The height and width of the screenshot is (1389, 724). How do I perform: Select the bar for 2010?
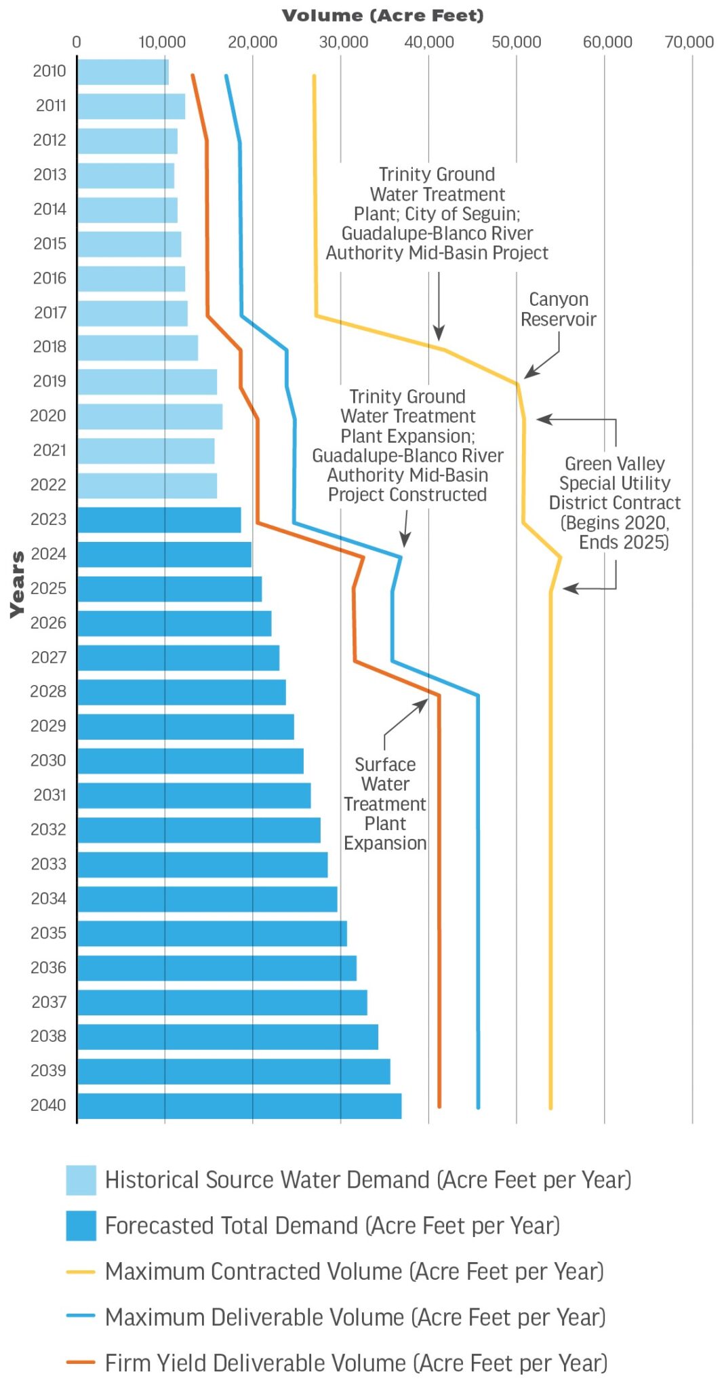pyautogui.click(x=123, y=72)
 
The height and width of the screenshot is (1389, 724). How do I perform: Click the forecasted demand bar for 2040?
pyautogui.click(x=239, y=1106)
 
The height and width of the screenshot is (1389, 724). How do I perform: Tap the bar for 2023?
pyautogui.click(x=159, y=520)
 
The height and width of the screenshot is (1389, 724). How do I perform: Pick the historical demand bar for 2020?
pyautogui.click(x=150, y=416)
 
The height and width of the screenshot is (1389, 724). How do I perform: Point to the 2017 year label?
pyautogui.click(x=50, y=313)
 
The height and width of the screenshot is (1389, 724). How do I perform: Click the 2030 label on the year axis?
pyautogui.click(x=48, y=760)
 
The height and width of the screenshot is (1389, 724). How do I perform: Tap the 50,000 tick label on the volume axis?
pyautogui.click(x=517, y=42)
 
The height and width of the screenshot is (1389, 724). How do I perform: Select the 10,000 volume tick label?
pyautogui.click(x=162, y=42)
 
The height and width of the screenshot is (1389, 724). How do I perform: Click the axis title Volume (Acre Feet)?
pyautogui.click(x=383, y=16)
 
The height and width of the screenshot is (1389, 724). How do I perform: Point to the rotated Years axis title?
pyautogui.click(x=18, y=584)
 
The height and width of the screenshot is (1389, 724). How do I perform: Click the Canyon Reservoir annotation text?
pyautogui.click(x=559, y=309)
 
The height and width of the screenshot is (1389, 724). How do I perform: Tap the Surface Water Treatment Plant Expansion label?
pyautogui.click(x=385, y=804)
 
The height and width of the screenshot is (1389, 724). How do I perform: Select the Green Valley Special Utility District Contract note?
pyautogui.click(x=615, y=503)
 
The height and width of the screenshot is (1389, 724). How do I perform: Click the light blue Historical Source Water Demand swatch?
pyautogui.click(x=81, y=1179)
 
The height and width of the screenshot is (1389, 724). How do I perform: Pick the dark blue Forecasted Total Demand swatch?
pyautogui.click(x=81, y=1226)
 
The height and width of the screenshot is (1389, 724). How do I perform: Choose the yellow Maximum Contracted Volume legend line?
pyautogui.click(x=81, y=1272)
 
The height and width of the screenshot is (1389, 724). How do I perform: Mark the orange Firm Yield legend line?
pyautogui.click(x=81, y=1363)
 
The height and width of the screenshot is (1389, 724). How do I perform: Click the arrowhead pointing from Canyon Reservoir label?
pyautogui.click(x=528, y=375)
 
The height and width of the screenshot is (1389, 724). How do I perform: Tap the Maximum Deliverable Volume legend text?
pyautogui.click(x=355, y=1317)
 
